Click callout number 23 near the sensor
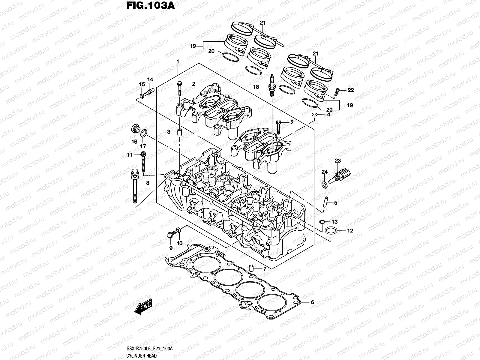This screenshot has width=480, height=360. pyautogui.click(x=338, y=161)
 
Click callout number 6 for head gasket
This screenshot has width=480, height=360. pyautogui.click(x=312, y=302)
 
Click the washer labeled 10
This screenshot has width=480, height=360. pyautogui.click(x=179, y=230)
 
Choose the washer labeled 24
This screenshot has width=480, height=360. pyautogui.click(x=324, y=184)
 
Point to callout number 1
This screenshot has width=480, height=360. pyautogui.click(x=178, y=61)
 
